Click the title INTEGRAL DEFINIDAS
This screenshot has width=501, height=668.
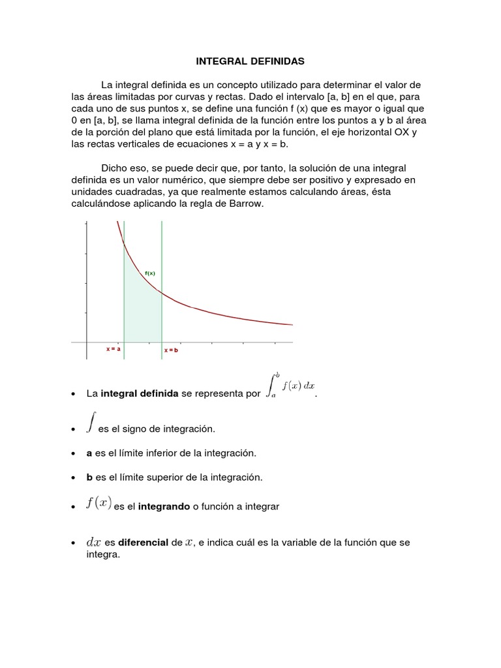[x=250, y=61]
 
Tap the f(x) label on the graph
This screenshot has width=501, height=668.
[x=150, y=273]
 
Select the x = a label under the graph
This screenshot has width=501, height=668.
[x=114, y=350]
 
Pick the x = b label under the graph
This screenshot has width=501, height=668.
[x=171, y=350]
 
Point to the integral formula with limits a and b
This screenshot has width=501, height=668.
[x=290, y=387]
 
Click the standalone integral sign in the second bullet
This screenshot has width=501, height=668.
[x=91, y=422]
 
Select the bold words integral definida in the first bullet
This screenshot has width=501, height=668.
[x=140, y=394]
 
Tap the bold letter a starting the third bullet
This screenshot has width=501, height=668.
[x=89, y=453]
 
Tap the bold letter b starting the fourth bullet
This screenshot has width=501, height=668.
[x=89, y=478]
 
